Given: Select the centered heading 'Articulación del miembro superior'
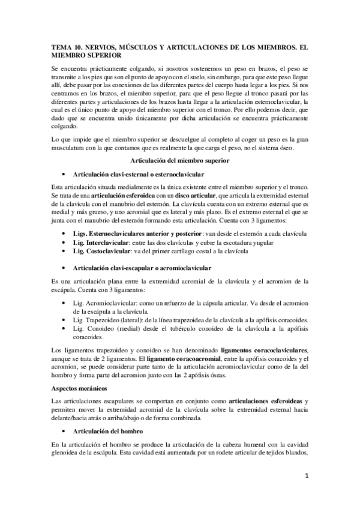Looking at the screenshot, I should pyautogui.click(x=180, y=161).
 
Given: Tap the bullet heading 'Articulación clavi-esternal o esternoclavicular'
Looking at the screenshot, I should pyautogui.click(x=137, y=174).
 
